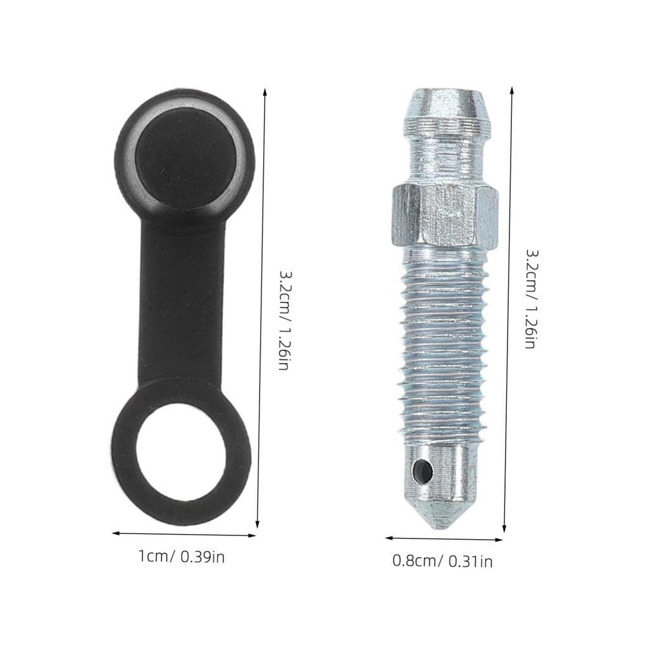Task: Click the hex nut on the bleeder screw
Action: point(443,215)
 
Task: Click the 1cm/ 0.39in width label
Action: point(182,557)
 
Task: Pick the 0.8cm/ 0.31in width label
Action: point(442,561)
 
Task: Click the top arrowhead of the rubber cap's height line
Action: point(264,91)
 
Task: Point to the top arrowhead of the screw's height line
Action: point(511,90)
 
